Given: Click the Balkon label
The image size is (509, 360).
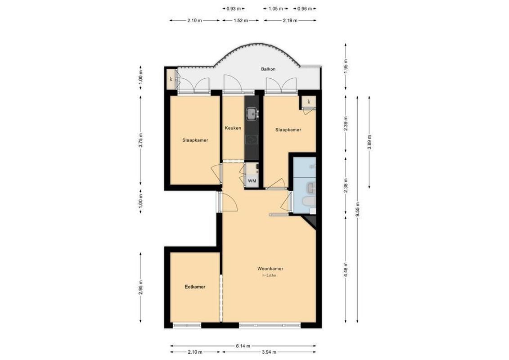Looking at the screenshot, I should (268, 69).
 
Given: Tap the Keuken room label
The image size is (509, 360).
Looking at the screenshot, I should (233, 128).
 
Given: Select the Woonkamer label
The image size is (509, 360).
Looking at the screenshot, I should (270, 269).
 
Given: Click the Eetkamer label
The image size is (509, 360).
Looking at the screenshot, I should (195, 287).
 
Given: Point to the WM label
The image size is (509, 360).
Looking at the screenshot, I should (252, 181).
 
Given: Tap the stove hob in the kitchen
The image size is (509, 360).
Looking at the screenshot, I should (251, 139).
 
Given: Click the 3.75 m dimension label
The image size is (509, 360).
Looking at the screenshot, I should (141, 140).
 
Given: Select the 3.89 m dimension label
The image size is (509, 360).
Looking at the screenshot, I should (369, 142).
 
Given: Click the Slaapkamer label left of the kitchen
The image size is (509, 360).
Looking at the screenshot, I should (195, 140).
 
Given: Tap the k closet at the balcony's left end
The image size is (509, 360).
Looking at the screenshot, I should (171, 80).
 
